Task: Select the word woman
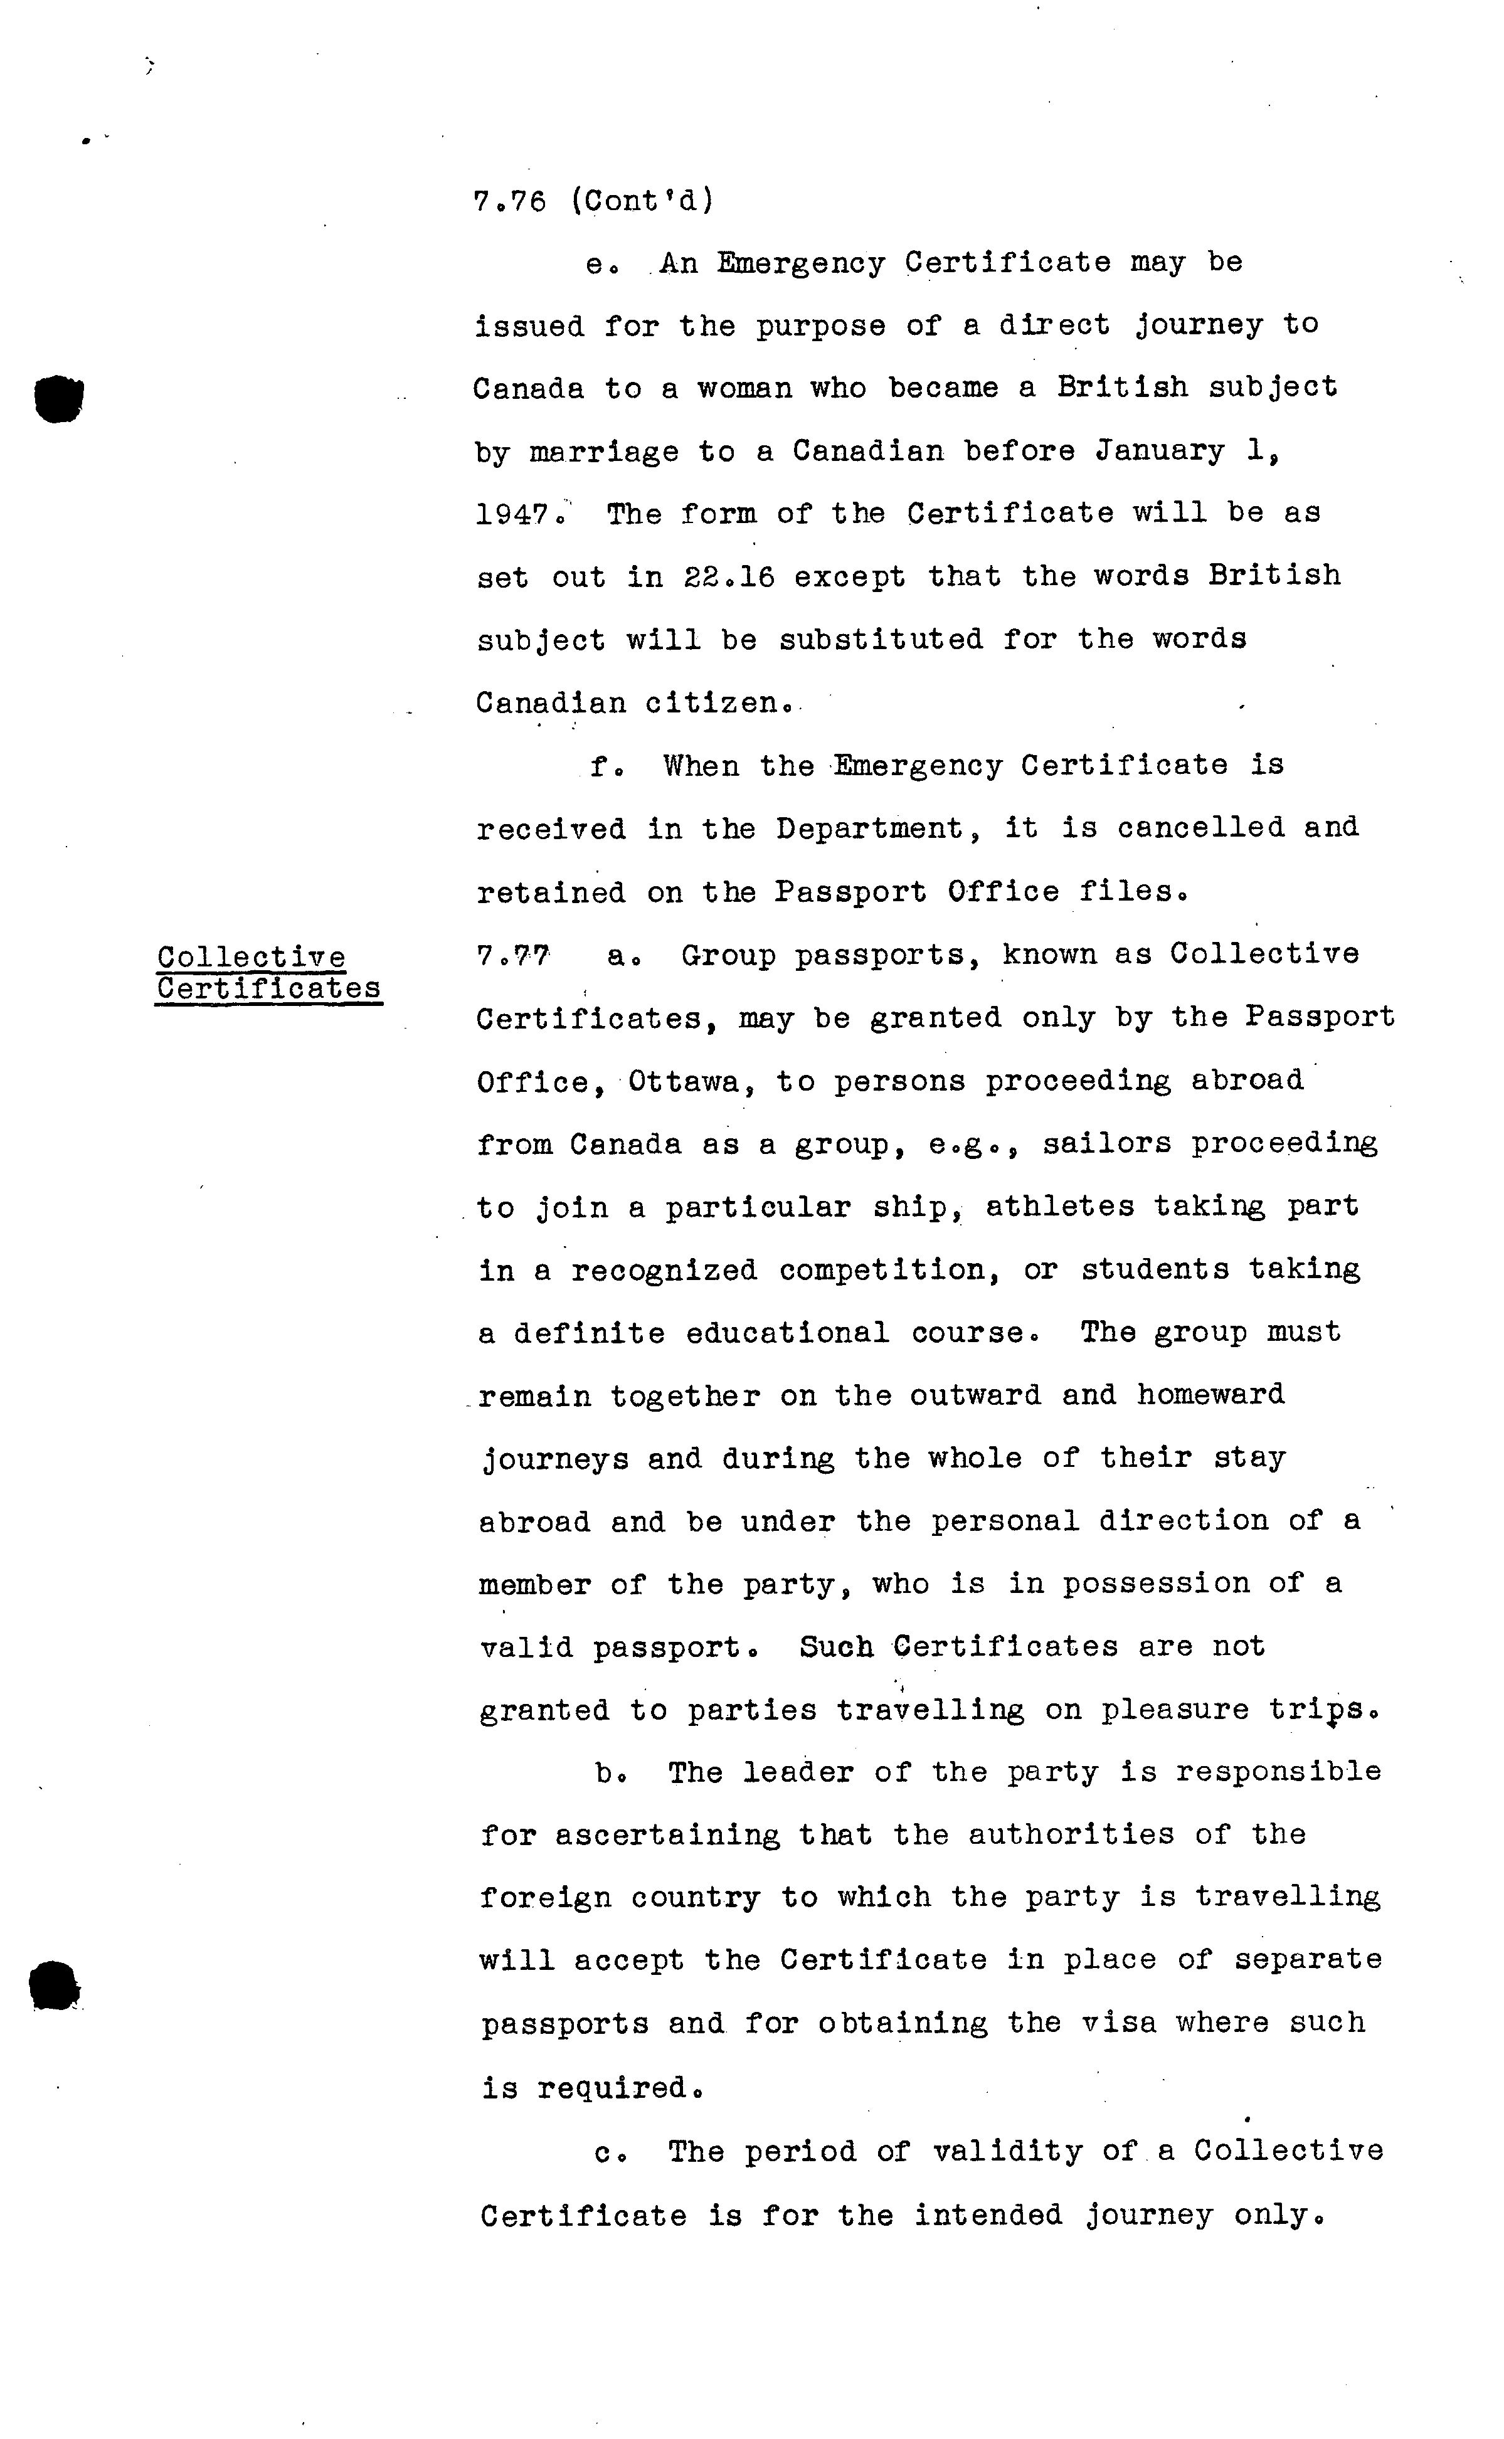click(x=745, y=388)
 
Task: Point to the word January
click(x=1159, y=452)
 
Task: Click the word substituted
click(x=881, y=640)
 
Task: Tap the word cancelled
click(x=1200, y=828)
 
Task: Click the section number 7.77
click(x=512, y=956)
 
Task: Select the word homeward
click(x=1210, y=1395)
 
